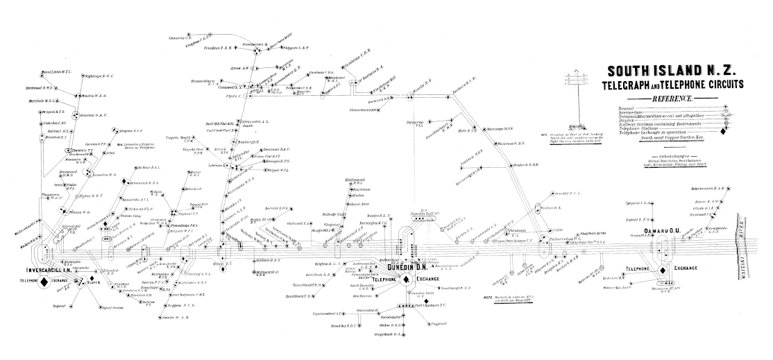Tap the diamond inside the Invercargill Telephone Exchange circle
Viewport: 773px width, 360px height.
pyautogui.click(x=43, y=282)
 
